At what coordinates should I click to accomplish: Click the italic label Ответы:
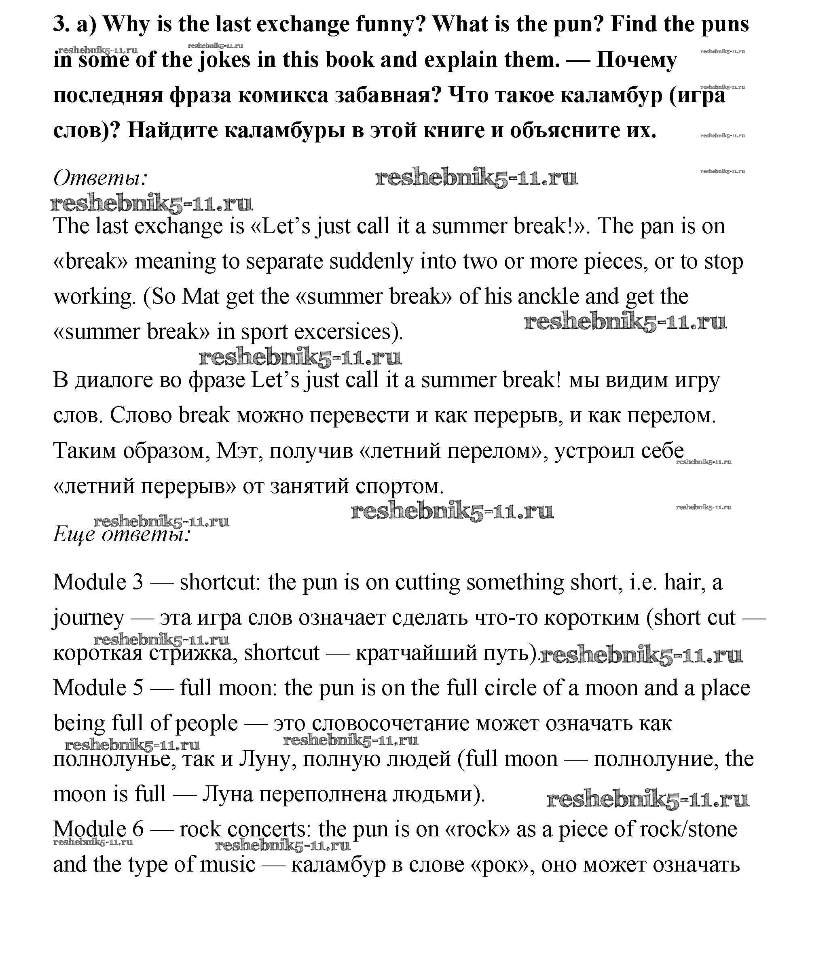(100, 178)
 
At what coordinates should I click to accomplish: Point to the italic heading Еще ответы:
(122, 534)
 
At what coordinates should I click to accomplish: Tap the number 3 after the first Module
(137, 583)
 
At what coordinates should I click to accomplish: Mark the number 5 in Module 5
(137, 688)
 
